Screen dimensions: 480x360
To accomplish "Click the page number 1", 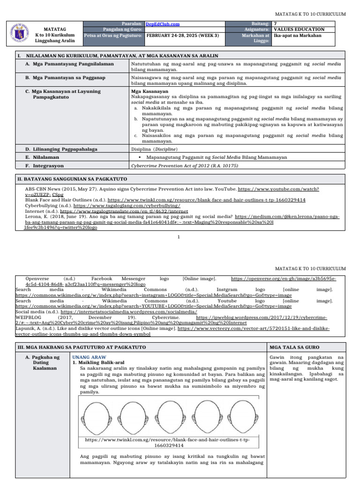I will [x=180, y=237].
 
